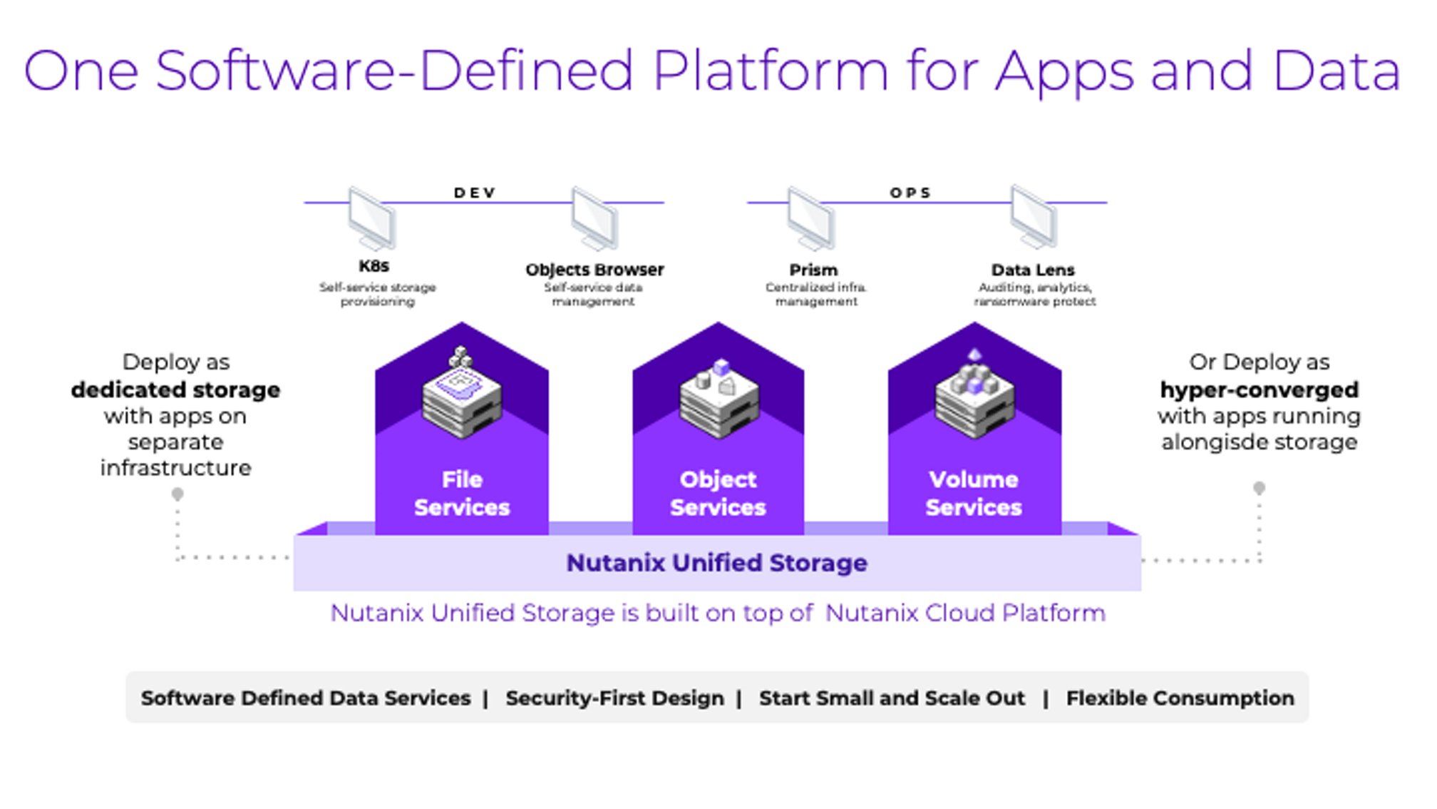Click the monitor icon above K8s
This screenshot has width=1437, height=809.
click(372, 218)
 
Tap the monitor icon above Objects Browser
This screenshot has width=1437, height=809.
click(595, 218)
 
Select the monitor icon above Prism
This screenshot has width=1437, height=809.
click(811, 218)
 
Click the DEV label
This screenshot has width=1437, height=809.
click(475, 193)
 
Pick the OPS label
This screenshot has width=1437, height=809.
click(910, 193)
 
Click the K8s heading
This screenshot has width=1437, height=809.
click(374, 266)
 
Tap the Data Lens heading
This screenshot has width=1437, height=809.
click(1033, 270)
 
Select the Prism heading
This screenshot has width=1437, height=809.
click(813, 270)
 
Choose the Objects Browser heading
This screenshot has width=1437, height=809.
click(594, 270)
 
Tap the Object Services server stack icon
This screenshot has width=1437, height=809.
click(719, 397)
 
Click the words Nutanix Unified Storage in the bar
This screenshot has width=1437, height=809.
click(717, 563)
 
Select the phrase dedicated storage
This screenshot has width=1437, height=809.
click(175, 390)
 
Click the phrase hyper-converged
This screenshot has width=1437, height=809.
click(1260, 390)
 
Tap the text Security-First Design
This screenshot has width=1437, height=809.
click(614, 698)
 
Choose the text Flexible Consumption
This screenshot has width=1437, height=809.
click(1180, 698)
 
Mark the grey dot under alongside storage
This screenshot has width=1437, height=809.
click(1260, 488)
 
